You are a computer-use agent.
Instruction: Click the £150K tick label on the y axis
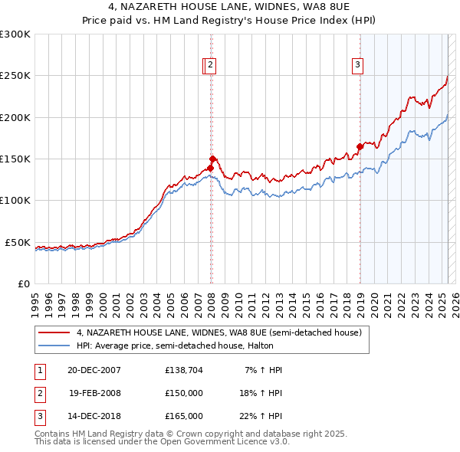[x=15, y=159]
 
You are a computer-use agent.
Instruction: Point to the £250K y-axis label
[x=15, y=76]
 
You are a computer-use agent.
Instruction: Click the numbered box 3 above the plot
[x=357, y=66]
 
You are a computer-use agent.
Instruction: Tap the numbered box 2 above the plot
[x=210, y=66]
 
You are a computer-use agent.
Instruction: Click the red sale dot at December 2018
[x=360, y=146]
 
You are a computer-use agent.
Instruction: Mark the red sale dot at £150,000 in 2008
[x=213, y=159]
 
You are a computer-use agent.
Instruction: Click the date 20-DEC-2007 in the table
[x=95, y=370]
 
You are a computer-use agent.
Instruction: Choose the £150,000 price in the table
[x=184, y=393]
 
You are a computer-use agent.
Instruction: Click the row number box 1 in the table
[x=38, y=370]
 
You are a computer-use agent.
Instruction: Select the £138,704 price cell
[x=184, y=370]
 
